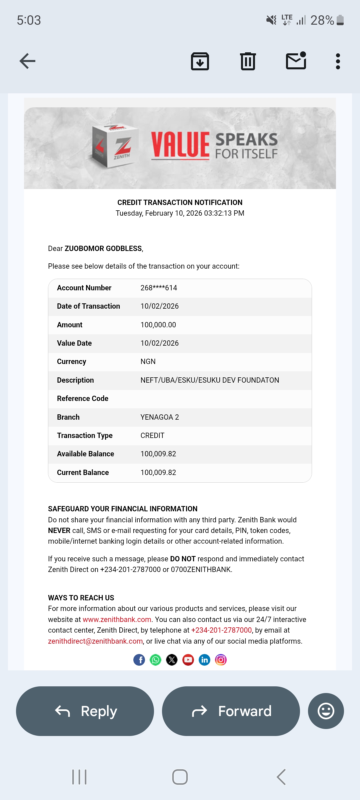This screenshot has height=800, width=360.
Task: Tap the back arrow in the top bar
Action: pos(27,61)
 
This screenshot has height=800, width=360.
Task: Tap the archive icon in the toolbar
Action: pos(200,61)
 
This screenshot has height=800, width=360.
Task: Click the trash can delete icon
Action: pos(248,61)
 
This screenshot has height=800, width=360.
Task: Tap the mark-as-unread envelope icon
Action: pos(296,61)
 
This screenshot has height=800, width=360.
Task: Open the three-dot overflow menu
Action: pos(338,61)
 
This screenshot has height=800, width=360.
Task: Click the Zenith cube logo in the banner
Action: pos(115,146)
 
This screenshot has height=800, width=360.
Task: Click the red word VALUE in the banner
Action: pos(180,145)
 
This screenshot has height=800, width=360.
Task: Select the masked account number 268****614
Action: pos(159,288)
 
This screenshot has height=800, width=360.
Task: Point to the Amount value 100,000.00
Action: pos(158,325)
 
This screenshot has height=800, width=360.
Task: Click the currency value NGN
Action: pos(148,362)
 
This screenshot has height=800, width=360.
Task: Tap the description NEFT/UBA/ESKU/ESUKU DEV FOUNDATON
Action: pos(210,380)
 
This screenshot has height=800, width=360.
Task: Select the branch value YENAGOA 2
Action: pos(160,417)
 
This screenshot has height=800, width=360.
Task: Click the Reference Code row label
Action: pos(83,399)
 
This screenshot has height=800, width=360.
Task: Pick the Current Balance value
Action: pos(158,473)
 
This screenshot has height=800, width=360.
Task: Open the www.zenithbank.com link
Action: pos(117,620)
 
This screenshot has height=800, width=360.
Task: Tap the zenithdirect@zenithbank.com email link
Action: pos(95,641)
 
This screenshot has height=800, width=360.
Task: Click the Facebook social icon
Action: pos(139,660)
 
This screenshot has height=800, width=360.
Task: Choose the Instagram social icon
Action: pos(221,660)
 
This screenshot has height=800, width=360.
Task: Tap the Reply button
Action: pos(85,711)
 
